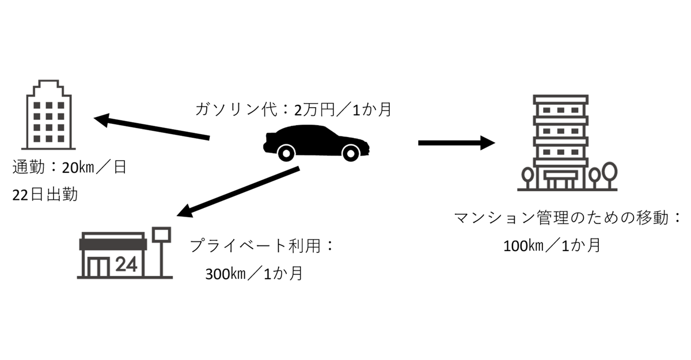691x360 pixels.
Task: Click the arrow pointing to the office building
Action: pyautogui.click(x=152, y=128)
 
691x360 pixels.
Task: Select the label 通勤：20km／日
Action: pyautogui.click(x=69, y=168)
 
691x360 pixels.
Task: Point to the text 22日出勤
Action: pyautogui.click(x=45, y=195)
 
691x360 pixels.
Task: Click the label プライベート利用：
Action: pyautogui.click(x=262, y=246)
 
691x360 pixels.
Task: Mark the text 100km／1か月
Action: pyautogui.click(x=552, y=245)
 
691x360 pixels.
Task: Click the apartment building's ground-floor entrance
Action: pyautogui.click(x=560, y=182)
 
